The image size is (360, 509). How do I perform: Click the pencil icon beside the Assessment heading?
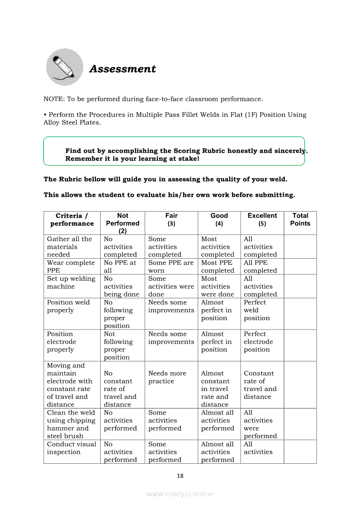point(65,67)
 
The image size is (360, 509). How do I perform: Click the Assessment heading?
point(122,69)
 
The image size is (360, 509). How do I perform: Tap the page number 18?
point(180,476)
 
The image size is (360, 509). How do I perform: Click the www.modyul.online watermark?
point(180,494)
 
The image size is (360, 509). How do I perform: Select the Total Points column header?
point(300,219)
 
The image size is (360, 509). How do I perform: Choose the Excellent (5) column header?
point(262,219)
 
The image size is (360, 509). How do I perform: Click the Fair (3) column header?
point(171,219)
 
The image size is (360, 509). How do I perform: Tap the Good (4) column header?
point(219,219)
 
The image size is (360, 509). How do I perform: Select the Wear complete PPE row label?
point(71,266)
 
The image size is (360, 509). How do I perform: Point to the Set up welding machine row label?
point(71,282)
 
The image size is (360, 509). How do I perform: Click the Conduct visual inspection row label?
point(71,448)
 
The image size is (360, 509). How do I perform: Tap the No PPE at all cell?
point(120,266)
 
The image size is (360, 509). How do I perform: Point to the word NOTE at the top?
point(53,99)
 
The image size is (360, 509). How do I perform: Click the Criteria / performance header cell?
point(72,219)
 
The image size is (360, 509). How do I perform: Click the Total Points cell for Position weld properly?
point(300,313)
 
